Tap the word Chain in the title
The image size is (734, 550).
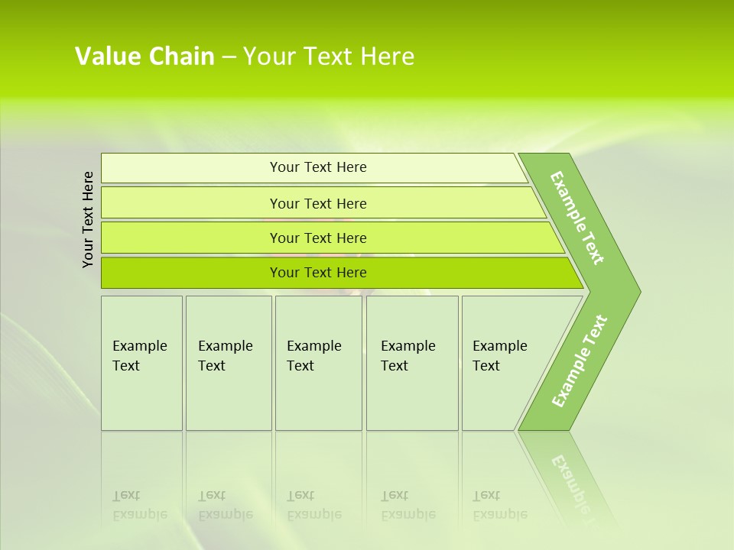pyautogui.click(x=182, y=57)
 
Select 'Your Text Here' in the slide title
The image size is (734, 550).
pyautogui.click(x=329, y=57)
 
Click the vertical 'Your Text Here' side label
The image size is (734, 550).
pyautogui.click(x=88, y=219)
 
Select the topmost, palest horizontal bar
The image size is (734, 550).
pyautogui.click(x=318, y=167)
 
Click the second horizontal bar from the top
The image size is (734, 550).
pyautogui.click(x=318, y=203)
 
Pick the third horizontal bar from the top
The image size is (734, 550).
pyautogui.click(x=318, y=238)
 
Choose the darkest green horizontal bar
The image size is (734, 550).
pyautogui.click(x=318, y=273)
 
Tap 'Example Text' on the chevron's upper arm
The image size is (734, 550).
pyautogui.click(x=577, y=218)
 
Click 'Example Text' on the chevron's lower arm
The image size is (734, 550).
pyautogui.click(x=579, y=361)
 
